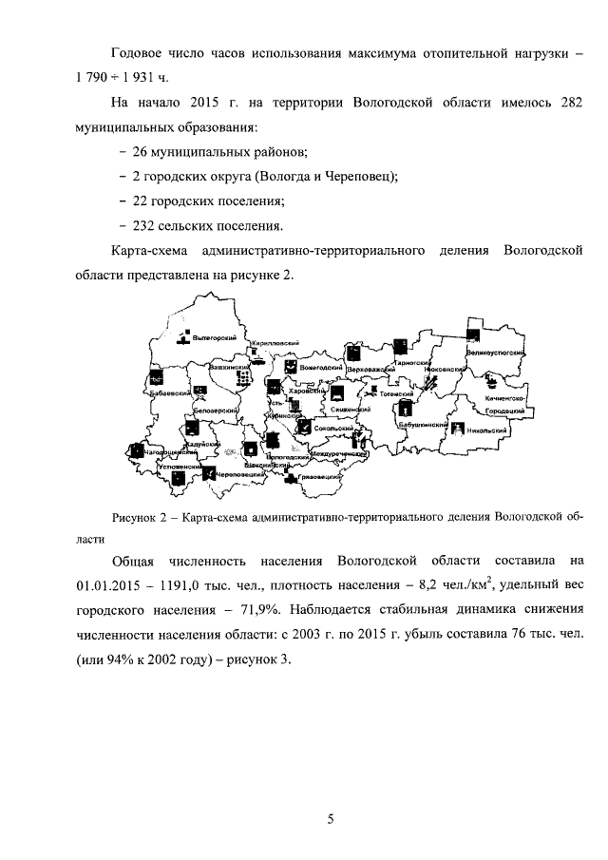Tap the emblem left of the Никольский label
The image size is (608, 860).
(459, 430)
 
